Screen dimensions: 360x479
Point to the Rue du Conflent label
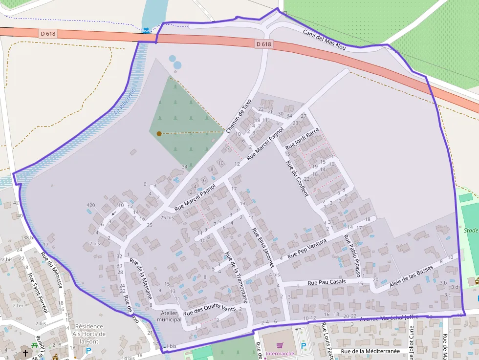pos(297,178)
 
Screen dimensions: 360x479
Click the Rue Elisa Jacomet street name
pos(263,246)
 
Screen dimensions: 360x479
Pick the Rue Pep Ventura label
pos(306,248)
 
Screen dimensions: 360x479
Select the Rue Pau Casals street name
pos(327,282)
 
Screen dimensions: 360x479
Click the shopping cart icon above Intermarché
pos(280,332)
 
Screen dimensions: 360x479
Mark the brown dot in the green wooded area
pos(159,133)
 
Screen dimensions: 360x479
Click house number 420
pos(90,205)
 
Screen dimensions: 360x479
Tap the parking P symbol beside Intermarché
pos(304,345)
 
